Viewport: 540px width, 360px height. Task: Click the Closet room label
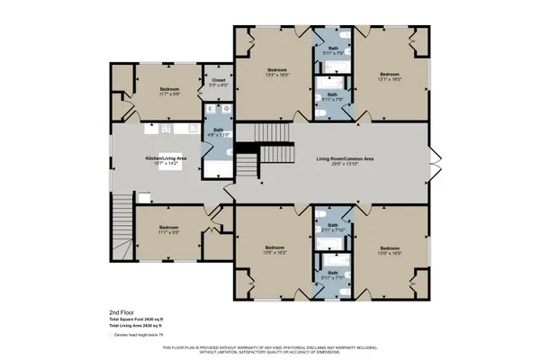(x=219, y=81)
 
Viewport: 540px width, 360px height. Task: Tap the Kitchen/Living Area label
(x=166, y=158)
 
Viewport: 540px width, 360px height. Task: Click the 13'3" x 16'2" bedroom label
(x=277, y=72)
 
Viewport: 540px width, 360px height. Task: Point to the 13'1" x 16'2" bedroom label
(x=389, y=76)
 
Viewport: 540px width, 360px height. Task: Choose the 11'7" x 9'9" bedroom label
(x=169, y=91)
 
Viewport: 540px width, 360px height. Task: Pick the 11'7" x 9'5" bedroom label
(x=169, y=229)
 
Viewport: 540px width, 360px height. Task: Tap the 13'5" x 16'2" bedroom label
(x=275, y=249)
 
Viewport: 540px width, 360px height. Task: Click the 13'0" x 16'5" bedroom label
(x=389, y=249)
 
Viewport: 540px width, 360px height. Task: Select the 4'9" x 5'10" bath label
(x=219, y=132)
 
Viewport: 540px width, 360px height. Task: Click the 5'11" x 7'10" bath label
(x=332, y=227)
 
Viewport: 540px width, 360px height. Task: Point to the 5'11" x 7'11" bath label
(x=332, y=274)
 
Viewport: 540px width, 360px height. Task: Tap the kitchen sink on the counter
(x=144, y=194)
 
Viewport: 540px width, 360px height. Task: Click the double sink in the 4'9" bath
(x=219, y=113)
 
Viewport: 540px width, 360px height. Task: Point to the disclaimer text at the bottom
(x=270, y=349)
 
